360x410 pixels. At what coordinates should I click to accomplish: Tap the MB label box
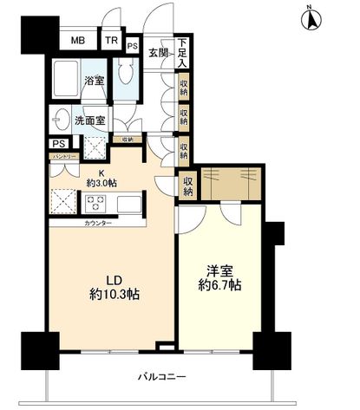click(78, 41)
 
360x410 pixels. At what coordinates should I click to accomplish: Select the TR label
click(111, 41)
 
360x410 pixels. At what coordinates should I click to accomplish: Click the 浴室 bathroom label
click(94, 81)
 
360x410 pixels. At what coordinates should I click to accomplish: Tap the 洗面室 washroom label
click(89, 121)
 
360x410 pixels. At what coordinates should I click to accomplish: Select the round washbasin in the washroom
click(62, 120)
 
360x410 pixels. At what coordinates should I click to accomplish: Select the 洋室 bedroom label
click(219, 270)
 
